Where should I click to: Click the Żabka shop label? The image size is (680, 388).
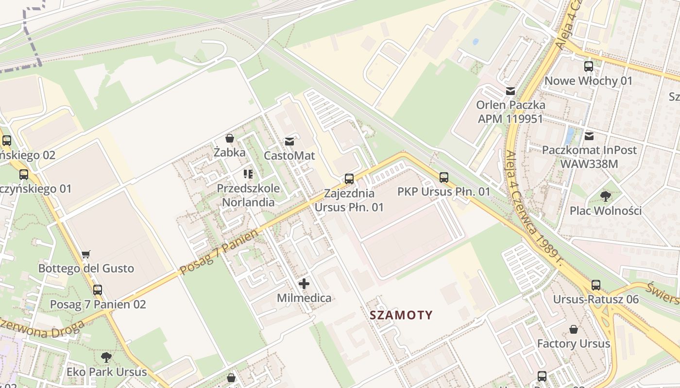pos(230,152)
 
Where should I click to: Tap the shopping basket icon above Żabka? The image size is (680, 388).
pos(230,139)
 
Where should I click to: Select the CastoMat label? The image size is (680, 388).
pos(289,156)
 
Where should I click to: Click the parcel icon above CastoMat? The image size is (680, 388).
pos(289,142)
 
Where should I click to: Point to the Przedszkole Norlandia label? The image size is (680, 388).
pos(248,195)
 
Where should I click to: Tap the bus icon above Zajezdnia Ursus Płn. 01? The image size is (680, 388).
pos(349,178)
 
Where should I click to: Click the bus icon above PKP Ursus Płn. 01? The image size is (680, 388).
pos(443,178)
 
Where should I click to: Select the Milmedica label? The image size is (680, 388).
pos(304,298)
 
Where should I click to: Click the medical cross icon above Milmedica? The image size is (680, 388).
pos(304,284)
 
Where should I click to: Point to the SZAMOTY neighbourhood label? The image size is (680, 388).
pos(401,315)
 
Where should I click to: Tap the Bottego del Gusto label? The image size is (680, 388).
pos(86,268)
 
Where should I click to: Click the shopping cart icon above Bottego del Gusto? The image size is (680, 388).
pos(86,254)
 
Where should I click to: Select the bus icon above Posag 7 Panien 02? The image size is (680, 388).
pos(98,290)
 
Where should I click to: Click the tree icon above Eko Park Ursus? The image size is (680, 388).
pos(106,358)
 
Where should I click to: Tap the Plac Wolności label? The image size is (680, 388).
pos(606,211)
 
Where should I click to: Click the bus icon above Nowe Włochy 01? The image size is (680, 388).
pos(589,66)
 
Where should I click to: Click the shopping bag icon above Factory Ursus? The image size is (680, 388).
pos(574,330)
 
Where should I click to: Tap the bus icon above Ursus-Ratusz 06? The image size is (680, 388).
pos(596,285)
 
